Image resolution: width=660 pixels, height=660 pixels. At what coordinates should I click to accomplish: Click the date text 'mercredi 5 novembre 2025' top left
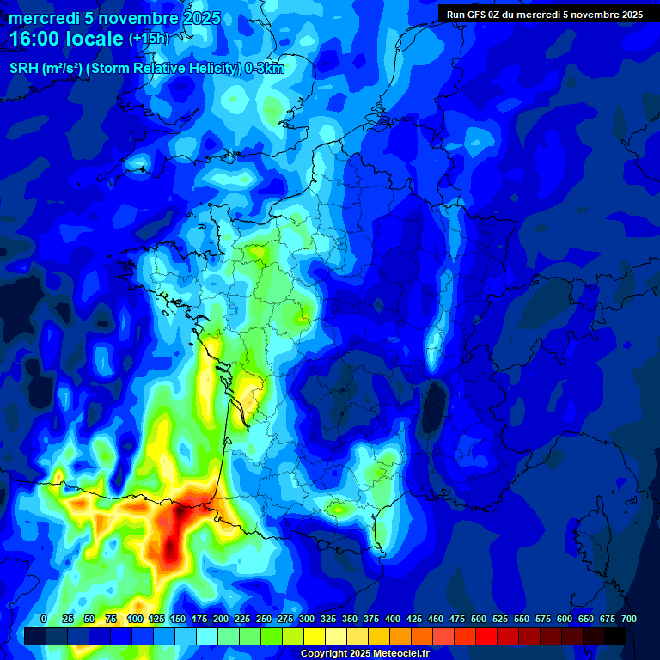tap(114, 18)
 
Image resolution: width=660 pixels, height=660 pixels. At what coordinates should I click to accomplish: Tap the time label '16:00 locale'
tap(66, 39)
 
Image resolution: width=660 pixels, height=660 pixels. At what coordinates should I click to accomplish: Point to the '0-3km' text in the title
tap(265, 69)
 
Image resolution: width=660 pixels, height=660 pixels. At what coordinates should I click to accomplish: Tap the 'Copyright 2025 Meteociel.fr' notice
tap(364, 654)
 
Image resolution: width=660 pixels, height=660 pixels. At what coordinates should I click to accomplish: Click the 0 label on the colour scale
tap(44, 619)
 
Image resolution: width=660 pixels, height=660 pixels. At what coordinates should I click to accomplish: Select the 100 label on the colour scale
tap(135, 619)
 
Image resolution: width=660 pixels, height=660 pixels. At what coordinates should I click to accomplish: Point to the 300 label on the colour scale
tap(307, 619)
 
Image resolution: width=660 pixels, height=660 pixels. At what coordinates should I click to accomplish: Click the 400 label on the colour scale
tap(393, 619)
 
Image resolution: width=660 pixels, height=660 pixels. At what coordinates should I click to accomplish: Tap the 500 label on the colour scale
tap(479, 619)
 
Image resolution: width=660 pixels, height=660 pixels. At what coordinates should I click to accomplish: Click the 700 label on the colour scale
tap(629, 619)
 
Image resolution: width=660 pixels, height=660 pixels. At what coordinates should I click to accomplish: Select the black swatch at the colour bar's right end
tap(615, 637)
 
